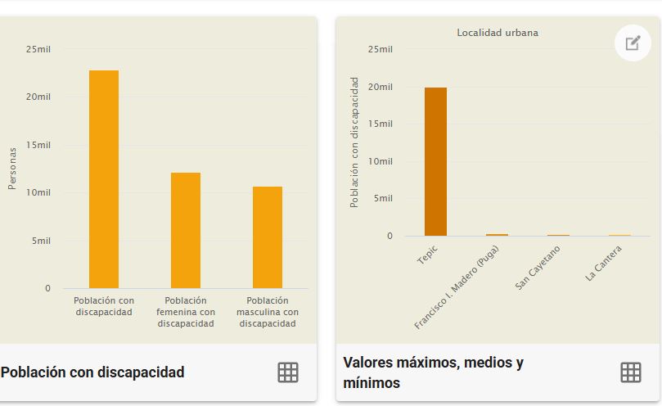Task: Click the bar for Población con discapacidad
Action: click(x=104, y=179)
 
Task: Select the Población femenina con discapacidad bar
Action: click(x=186, y=230)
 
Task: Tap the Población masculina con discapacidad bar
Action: click(x=268, y=237)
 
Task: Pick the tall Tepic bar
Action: click(x=435, y=161)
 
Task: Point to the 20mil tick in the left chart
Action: click(x=38, y=97)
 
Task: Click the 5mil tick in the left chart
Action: click(x=40, y=241)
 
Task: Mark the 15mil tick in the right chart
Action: click(x=381, y=124)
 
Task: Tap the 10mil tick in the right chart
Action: click(x=381, y=161)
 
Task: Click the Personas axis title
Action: click(x=12, y=169)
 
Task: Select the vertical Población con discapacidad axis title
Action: click(x=355, y=142)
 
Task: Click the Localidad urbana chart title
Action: click(x=498, y=33)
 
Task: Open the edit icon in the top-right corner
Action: click(x=633, y=43)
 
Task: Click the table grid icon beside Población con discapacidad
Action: click(x=288, y=372)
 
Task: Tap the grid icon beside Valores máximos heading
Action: click(x=630, y=372)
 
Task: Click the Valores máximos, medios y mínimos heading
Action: click(x=434, y=372)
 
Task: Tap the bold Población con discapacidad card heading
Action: click(x=92, y=372)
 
